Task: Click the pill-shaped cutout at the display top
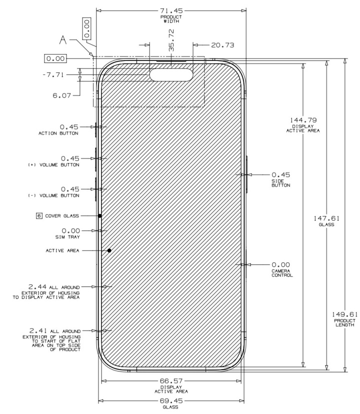pyautogui.click(x=171, y=75)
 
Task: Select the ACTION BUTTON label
pyautogui.click(x=58, y=133)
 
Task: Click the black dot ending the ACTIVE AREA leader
pyautogui.click(x=109, y=250)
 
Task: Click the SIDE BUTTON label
pyautogui.click(x=280, y=182)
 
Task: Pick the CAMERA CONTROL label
pyautogui.click(x=282, y=272)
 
